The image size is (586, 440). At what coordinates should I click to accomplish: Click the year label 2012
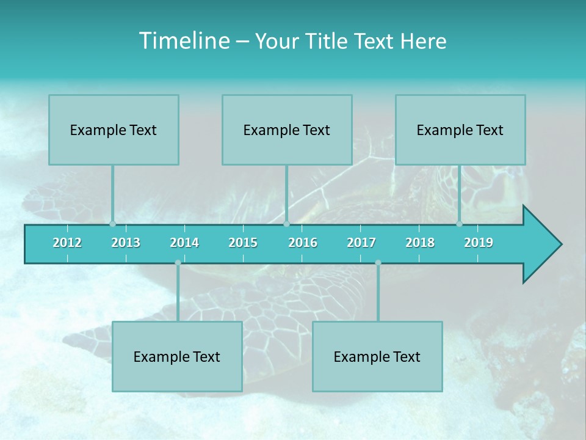coord(67,243)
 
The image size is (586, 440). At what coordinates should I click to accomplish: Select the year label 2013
coord(126,243)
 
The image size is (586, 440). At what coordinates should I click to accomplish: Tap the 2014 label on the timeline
coord(184,243)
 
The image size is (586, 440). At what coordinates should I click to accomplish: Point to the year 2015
coord(243,243)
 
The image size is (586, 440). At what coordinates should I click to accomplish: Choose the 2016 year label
coord(303,243)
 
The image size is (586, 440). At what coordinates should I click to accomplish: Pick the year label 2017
coord(361,243)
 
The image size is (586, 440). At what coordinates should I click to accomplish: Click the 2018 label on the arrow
coord(420,243)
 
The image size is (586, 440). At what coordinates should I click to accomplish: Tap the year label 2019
coord(479,243)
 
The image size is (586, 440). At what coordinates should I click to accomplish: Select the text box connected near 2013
coord(114,130)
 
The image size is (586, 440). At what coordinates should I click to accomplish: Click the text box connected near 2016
coord(287,130)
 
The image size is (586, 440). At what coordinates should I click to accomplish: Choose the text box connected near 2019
coord(460,130)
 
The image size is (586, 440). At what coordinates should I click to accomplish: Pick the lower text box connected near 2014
coord(177,356)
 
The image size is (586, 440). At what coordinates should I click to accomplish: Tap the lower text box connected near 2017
coord(377,356)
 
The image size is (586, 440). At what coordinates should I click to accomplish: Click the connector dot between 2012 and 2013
coord(112,224)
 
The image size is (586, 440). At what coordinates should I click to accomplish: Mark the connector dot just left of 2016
coord(286,224)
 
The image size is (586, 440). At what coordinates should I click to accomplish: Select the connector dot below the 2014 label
coord(178,263)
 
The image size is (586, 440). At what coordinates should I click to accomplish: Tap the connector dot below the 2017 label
coord(378,263)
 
